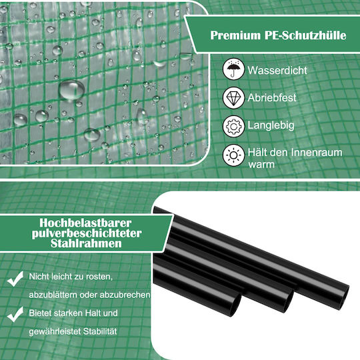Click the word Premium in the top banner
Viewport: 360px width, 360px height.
click(235, 35)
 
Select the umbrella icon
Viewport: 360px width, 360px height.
click(233, 69)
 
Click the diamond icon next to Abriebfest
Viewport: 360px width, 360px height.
click(233, 97)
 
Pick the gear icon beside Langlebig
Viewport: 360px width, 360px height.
click(233, 126)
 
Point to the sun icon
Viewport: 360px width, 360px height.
click(233, 155)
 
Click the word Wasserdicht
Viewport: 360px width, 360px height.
click(277, 70)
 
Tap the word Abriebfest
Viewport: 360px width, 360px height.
click(272, 98)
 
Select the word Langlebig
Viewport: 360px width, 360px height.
click(271, 126)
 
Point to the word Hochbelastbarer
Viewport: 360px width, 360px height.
click(85, 223)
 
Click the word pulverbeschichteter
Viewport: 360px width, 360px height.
click(87, 233)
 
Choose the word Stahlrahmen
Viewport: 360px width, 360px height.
click(86, 243)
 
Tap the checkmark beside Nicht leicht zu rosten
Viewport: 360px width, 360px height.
click(15, 279)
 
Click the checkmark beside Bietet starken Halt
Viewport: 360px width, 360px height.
click(15, 314)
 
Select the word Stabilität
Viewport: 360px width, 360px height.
click(100, 331)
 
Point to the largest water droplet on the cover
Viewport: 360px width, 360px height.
click(71, 89)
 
